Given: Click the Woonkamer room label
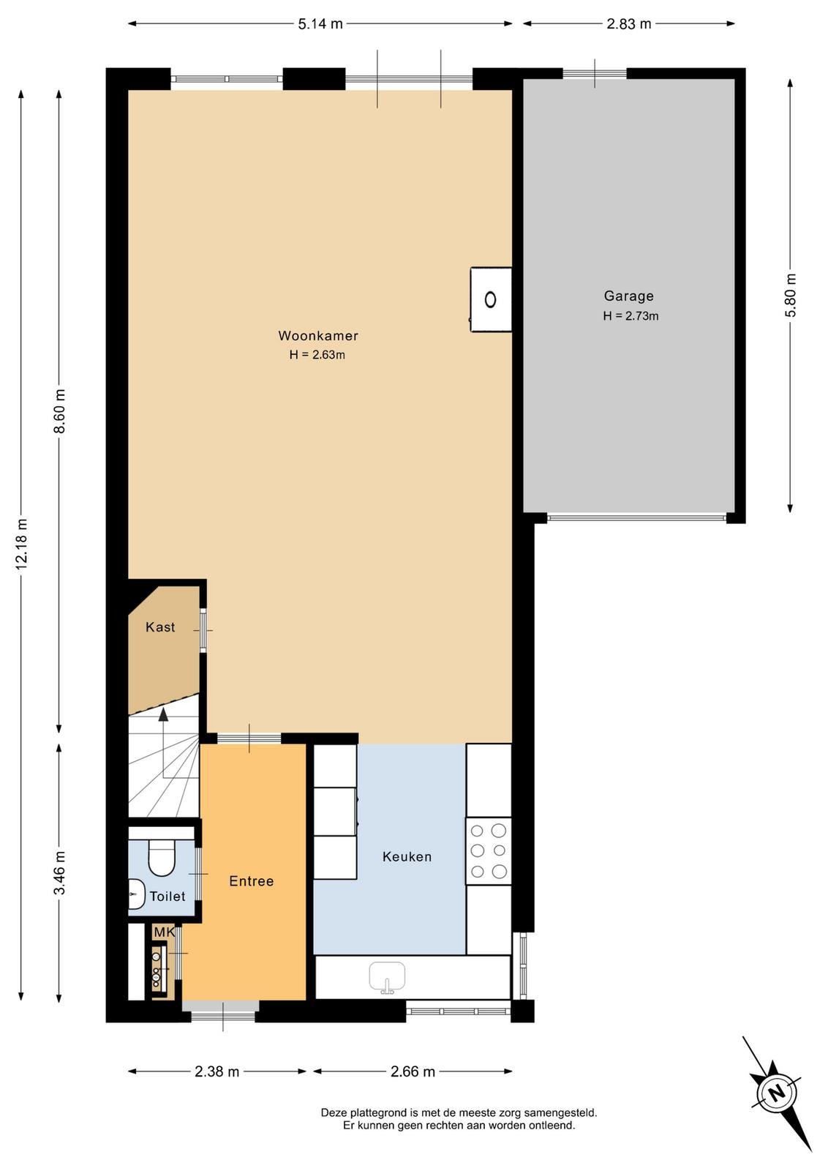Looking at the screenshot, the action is click(317, 336).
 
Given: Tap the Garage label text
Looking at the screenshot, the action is click(628, 296).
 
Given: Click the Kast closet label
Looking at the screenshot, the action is click(160, 627).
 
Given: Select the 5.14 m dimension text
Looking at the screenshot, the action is click(320, 24).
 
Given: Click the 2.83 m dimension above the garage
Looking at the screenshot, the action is click(629, 24).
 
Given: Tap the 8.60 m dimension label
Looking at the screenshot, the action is click(59, 411).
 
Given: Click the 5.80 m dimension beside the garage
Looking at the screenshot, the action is click(791, 296).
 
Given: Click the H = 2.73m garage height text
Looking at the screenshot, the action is click(631, 315).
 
